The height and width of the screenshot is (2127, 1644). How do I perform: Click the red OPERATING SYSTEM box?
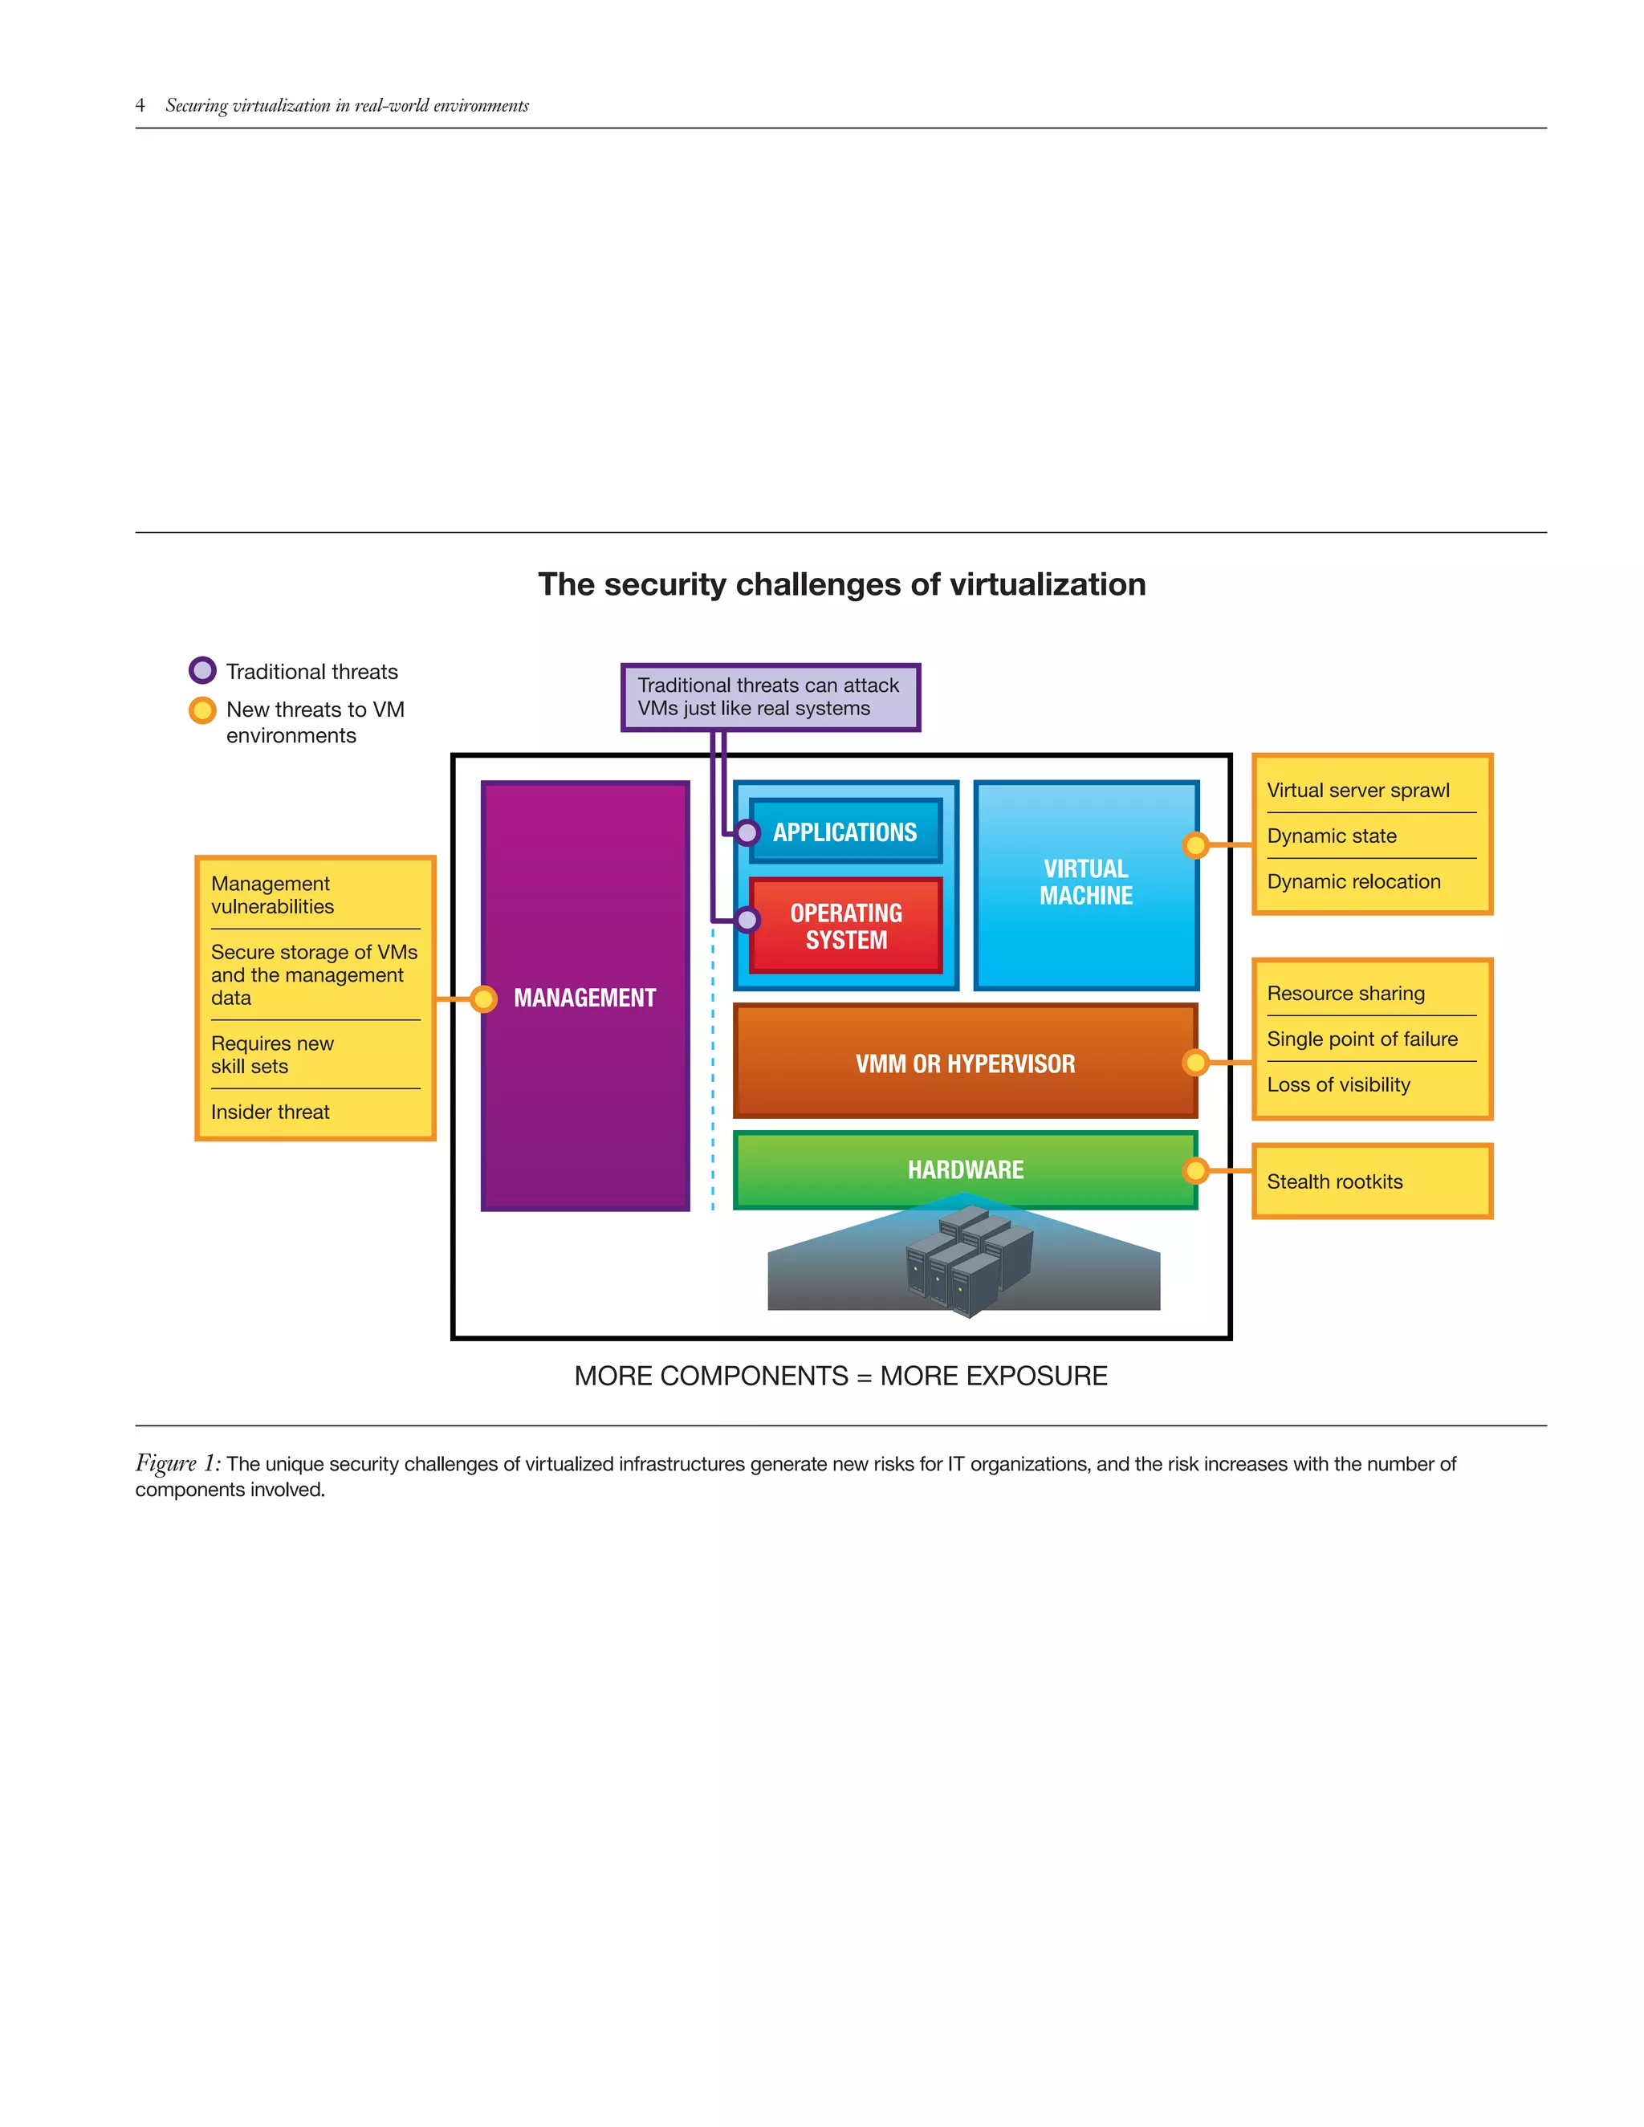tap(845, 926)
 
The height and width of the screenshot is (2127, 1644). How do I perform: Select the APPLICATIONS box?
tap(845, 832)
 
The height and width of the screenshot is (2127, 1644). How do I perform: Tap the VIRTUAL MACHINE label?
tap(1086, 882)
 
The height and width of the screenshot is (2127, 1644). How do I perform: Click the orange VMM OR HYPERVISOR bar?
tap(965, 1063)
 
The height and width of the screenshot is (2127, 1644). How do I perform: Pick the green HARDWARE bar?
tap(965, 1169)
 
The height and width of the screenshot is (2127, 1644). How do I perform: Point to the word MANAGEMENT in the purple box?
tap(584, 998)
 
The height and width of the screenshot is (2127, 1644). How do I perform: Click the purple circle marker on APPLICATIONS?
tap(747, 832)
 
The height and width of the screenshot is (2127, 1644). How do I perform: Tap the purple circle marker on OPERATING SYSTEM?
tap(747, 919)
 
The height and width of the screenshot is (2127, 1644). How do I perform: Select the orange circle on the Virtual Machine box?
tap(1195, 845)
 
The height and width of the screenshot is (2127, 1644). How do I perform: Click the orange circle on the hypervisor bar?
tap(1195, 1062)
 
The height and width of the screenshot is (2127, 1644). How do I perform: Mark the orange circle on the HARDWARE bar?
tap(1195, 1170)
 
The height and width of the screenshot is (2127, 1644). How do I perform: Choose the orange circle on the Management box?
tap(483, 998)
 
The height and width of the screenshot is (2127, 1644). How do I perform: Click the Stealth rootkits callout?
tap(1335, 1181)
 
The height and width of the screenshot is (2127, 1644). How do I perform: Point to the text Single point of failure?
tap(1361, 1039)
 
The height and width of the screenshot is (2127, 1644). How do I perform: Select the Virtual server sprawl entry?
tap(1357, 790)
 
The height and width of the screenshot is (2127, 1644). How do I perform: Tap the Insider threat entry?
tap(271, 1112)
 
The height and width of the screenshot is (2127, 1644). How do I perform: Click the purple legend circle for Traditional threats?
tap(202, 671)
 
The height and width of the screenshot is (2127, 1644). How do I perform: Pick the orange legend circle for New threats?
tap(202, 710)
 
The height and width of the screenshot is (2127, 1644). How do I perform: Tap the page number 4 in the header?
tap(140, 105)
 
